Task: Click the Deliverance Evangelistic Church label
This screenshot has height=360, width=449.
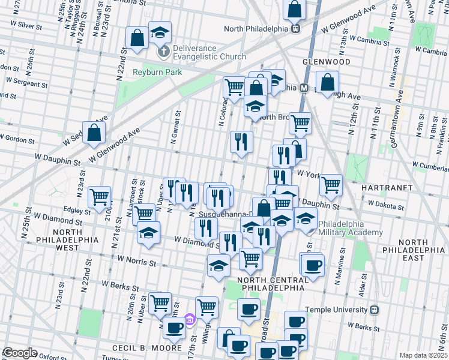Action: [209, 52]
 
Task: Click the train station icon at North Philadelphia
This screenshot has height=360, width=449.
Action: [295, 28]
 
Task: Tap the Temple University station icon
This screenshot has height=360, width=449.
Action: [375, 310]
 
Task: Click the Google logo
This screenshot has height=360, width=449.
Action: [20, 353]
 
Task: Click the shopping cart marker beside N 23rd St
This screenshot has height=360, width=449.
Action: [99, 197]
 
